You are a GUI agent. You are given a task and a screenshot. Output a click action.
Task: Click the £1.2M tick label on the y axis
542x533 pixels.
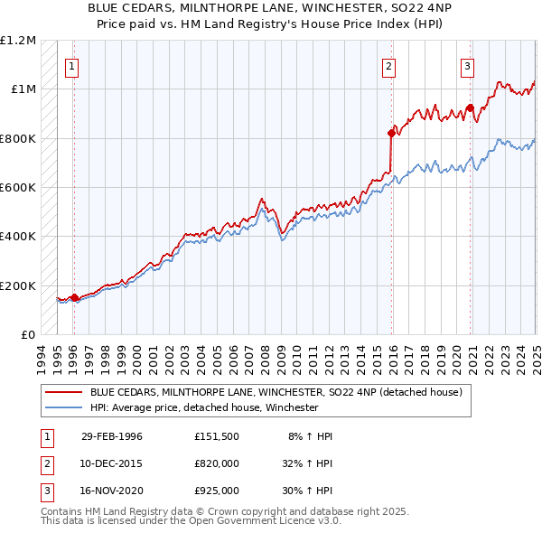click(x=18, y=41)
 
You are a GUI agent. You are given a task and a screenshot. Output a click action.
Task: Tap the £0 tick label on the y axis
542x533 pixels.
click(x=28, y=335)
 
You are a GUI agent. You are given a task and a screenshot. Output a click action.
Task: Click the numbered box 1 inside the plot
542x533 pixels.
click(x=70, y=65)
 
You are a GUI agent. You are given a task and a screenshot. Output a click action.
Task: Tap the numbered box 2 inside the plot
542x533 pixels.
click(x=388, y=65)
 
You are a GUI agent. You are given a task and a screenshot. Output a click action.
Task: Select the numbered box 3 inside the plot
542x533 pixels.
click(x=468, y=65)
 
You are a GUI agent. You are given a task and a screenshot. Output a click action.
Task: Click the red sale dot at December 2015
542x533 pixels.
click(x=391, y=134)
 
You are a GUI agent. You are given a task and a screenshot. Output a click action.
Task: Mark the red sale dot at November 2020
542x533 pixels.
click(x=471, y=108)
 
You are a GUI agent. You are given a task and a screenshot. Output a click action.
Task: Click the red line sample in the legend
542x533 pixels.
click(x=63, y=392)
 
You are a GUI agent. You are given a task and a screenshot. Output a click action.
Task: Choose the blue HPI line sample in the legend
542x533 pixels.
click(x=63, y=407)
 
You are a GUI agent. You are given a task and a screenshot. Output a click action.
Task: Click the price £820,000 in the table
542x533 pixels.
click(x=217, y=463)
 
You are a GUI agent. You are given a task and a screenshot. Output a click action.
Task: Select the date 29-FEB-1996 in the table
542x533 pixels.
click(x=112, y=436)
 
